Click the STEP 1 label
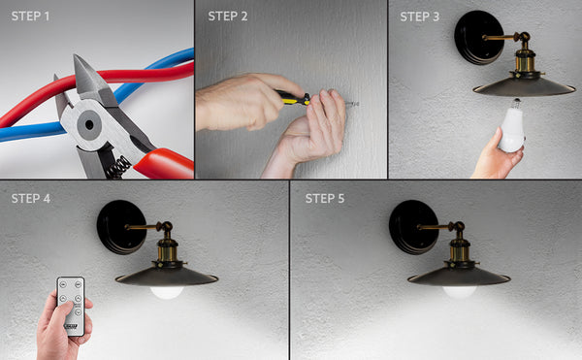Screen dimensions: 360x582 click(x=32, y=16)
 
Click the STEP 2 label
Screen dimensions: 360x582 click(x=228, y=16)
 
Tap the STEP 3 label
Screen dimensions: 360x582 click(x=420, y=16)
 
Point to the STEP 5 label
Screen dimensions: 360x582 click(x=325, y=199)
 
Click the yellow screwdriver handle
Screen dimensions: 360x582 click(x=289, y=97)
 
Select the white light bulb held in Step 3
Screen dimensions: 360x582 click(x=512, y=130)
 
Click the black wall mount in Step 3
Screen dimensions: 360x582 click(x=479, y=38)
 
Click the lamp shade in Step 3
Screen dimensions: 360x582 click(x=525, y=86)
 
